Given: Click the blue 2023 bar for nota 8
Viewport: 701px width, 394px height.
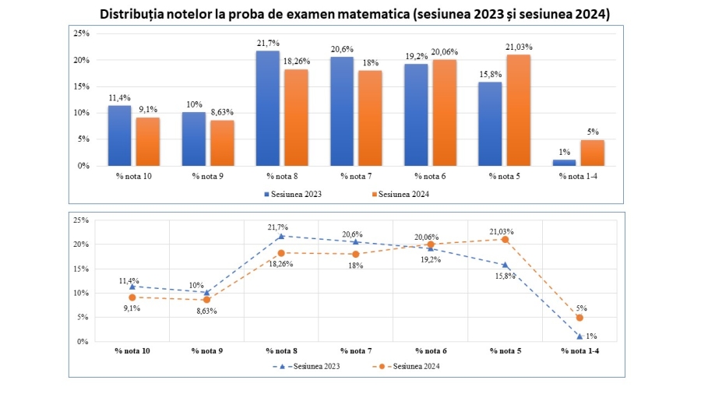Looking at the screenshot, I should pyautogui.click(x=268, y=108).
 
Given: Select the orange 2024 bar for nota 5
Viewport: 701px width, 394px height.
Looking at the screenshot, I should pyautogui.click(x=518, y=110).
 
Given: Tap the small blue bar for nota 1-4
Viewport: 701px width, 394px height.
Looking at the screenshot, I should pyautogui.click(x=565, y=162).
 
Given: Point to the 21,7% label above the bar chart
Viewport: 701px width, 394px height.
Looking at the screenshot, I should pyautogui.click(x=268, y=44).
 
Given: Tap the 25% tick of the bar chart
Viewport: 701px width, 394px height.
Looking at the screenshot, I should pyautogui.click(x=81, y=33).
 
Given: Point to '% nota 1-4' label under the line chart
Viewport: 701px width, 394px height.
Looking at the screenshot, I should pyautogui.click(x=579, y=351).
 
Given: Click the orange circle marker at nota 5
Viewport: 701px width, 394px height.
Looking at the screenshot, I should pyautogui.click(x=505, y=239).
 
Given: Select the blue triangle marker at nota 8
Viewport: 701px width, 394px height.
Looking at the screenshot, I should pyautogui.click(x=281, y=236).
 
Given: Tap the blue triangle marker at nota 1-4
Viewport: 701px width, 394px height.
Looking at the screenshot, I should pyautogui.click(x=579, y=336).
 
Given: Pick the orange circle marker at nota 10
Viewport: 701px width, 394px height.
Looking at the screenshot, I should pyautogui.click(x=132, y=297).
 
